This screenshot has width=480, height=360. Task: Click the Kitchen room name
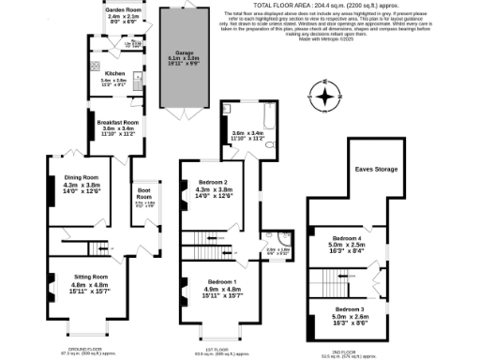(114, 72)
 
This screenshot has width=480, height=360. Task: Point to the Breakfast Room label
(120, 122)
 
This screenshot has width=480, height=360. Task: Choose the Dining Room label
(81, 176)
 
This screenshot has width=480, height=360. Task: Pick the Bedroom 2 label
(213, 182)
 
